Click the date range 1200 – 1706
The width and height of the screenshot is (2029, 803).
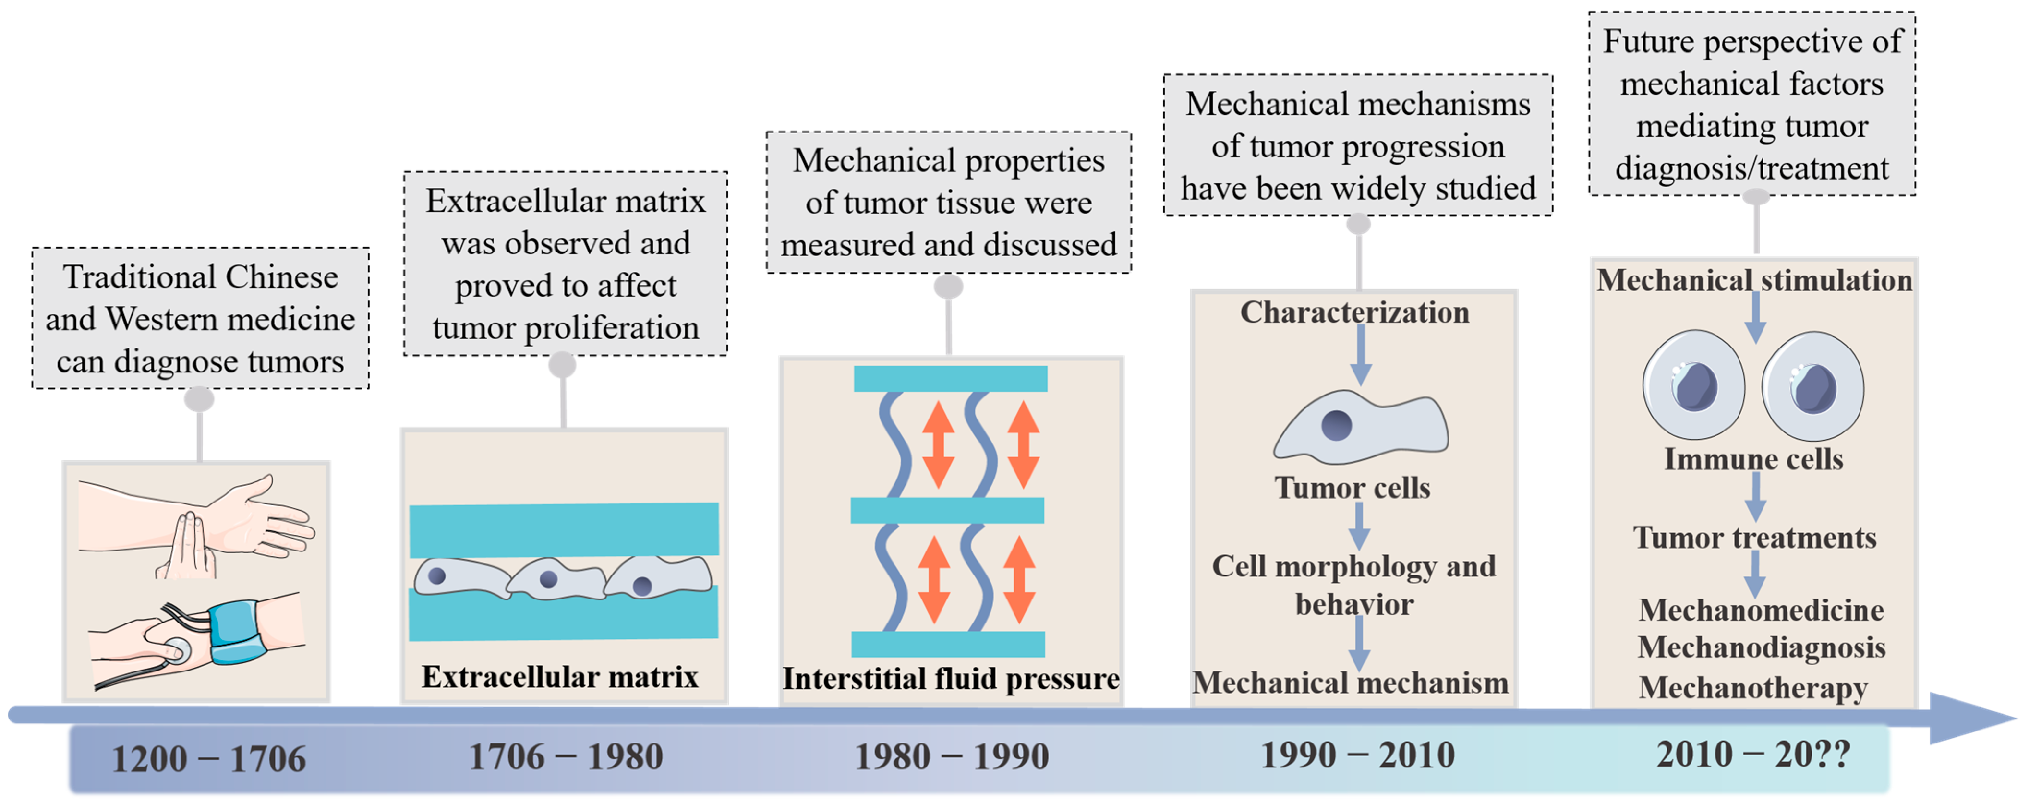pos(209,759)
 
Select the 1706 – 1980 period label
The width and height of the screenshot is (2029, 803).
pos(566,756)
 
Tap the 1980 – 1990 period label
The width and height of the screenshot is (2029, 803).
pos(952,756)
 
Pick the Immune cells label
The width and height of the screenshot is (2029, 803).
pos(1753,459)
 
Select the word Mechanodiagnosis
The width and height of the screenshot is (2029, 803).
pos(1761,648)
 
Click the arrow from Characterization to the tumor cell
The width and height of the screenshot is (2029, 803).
pos(1360,354)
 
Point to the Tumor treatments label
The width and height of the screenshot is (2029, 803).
pos(1754,538)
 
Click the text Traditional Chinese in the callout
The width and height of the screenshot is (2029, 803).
pos(201,277)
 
